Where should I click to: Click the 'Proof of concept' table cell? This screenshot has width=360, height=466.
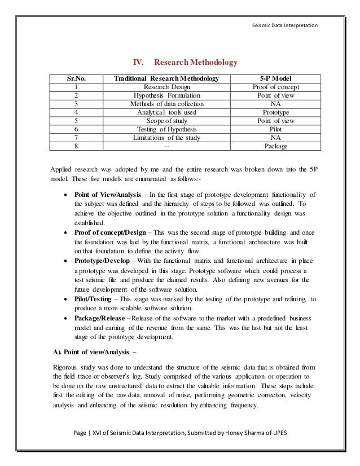277,87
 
